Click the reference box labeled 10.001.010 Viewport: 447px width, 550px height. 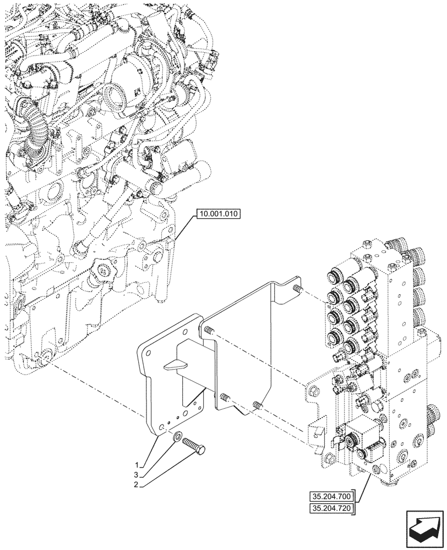[217, 215]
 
